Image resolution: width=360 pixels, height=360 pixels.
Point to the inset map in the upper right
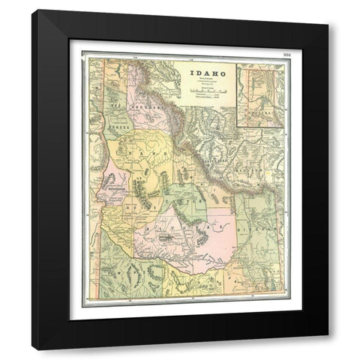[x=260, y=93]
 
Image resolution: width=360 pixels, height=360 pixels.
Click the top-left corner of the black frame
[x=32, y=10]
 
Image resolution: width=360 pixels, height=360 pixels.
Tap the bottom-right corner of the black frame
[x=328, y=349]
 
